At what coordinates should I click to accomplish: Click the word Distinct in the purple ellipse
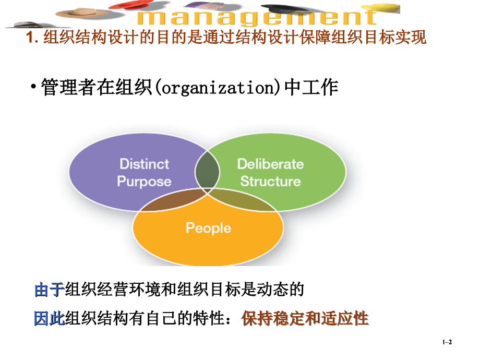144,164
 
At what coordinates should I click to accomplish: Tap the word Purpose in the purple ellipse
144,181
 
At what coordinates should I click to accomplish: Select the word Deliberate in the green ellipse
271,164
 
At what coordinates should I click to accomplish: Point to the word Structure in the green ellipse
271,181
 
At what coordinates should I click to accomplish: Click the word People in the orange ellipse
209,228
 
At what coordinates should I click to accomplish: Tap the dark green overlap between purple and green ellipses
207,170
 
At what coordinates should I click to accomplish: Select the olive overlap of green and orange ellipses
242,200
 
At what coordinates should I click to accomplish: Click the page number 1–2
447,342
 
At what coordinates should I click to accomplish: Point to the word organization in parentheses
219,88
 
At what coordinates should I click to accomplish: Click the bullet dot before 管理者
33,87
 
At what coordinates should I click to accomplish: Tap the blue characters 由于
49,290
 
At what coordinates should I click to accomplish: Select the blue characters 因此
49,318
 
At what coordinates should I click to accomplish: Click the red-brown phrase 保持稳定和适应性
305,318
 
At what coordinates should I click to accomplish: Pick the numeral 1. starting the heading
32,38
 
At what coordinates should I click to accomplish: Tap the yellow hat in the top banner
382,8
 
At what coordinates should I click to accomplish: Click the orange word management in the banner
257,18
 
